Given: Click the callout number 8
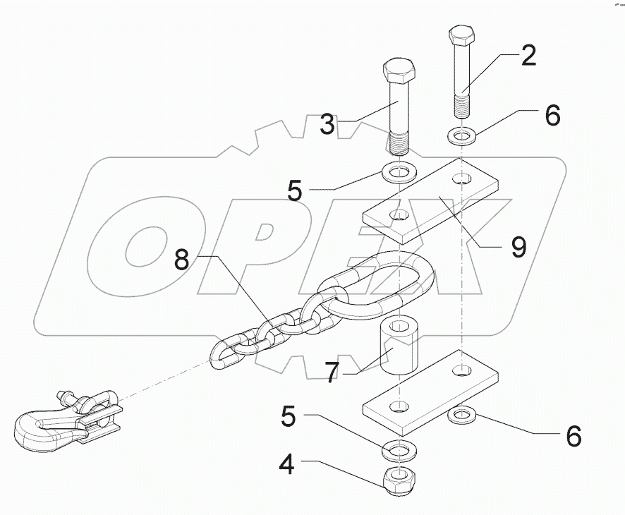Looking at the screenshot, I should [x=181, y=260].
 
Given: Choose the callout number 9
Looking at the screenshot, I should [x=518, y=246].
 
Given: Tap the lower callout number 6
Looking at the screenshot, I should [x=574, y=436].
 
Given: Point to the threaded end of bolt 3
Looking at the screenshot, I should [x=400, y=145].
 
